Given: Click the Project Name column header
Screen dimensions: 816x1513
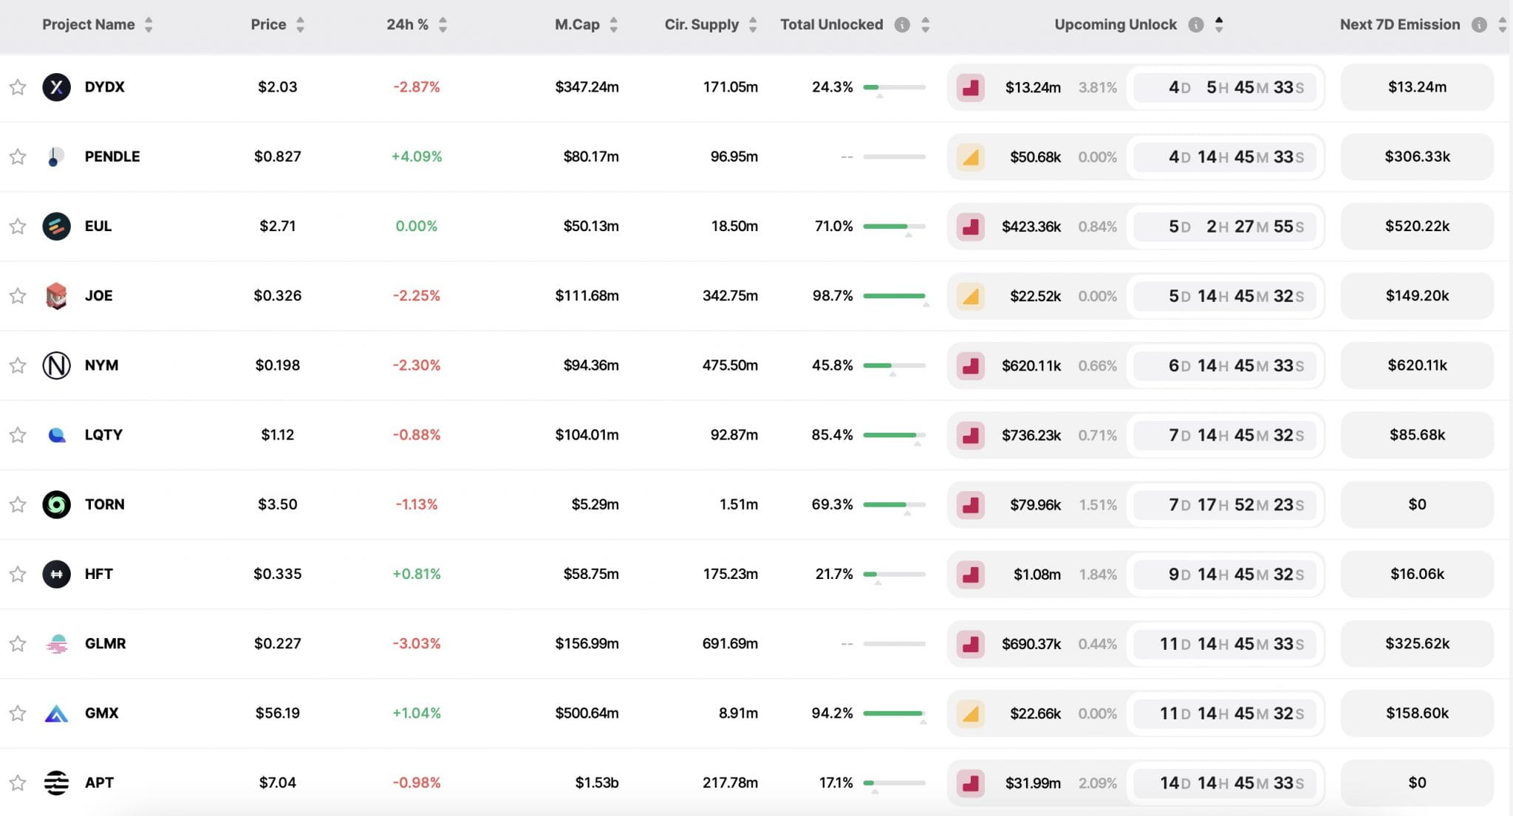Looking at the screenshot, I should click(x=89, y=24).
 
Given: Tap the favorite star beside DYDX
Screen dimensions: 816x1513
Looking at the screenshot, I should click(x=18, y=87).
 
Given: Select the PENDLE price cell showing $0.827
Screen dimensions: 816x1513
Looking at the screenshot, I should click(x=277, y=157).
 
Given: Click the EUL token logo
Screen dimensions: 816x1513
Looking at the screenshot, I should click(x=56, y=226).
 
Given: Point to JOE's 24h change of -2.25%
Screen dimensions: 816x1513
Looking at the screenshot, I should click(x=416, y=295).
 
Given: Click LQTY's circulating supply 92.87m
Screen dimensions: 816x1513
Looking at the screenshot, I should click(x=734, y=435).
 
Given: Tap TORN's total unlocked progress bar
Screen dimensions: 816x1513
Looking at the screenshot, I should click(x=894, y=504).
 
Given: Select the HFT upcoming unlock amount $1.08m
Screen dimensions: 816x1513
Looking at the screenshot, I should click(x=1036, y=574).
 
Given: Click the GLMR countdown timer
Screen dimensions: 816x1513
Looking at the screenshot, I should click(x=1231, y=644).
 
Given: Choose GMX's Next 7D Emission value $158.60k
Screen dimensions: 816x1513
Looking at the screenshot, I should click(x=1416, y=713).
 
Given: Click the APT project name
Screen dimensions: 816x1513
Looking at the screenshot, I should click(x=99, y=783).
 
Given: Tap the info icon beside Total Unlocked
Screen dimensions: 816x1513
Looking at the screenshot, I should click(x=901, y=25).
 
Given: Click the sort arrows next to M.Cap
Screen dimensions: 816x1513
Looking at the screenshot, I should click(x=613, y=25).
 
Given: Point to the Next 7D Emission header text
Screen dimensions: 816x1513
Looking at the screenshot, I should click(x=1399, y=24).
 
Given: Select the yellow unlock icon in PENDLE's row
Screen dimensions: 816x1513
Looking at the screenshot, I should click(x=970, y=157).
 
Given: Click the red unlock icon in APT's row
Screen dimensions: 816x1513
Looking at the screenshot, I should click(x=970, y=783).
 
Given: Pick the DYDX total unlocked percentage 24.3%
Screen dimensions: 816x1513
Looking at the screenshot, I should click(x=832, y=87).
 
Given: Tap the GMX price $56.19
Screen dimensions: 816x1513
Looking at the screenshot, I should click(x=277, y=713).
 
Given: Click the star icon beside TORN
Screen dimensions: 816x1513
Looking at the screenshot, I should click(x=18, y=504).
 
